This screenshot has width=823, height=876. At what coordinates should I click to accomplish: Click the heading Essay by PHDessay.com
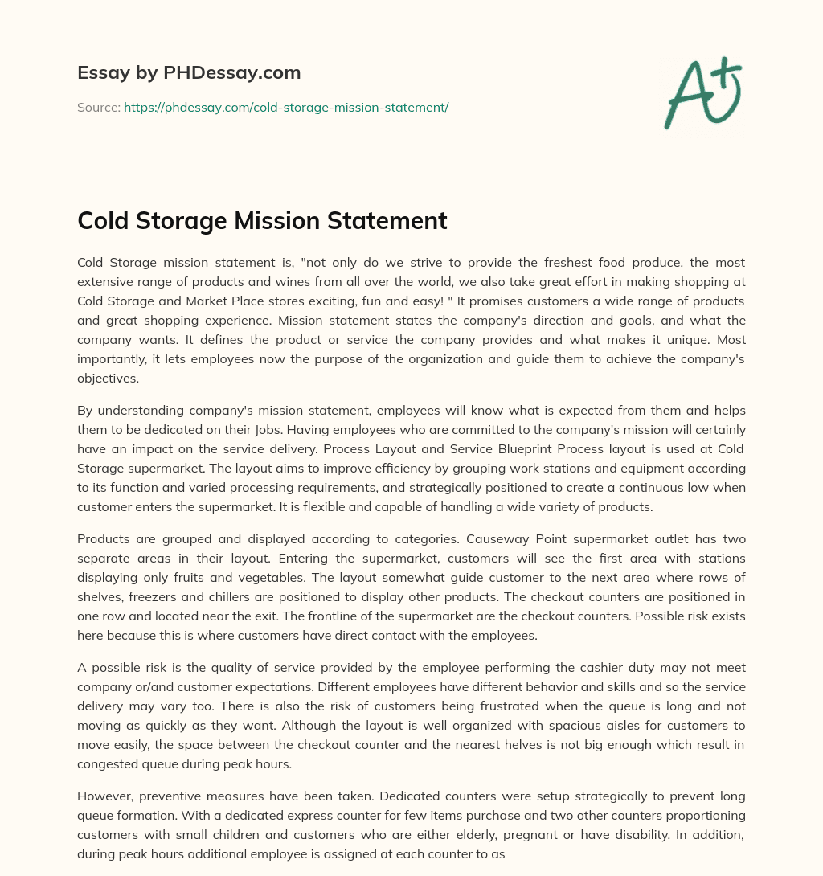(x=189, y=73)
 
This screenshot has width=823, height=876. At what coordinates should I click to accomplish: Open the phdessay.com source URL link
(x=285, y=107)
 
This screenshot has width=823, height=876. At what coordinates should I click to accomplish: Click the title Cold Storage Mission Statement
(x=262, y=220)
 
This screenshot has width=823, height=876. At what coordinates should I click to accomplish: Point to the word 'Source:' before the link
(x=99, y=107)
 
